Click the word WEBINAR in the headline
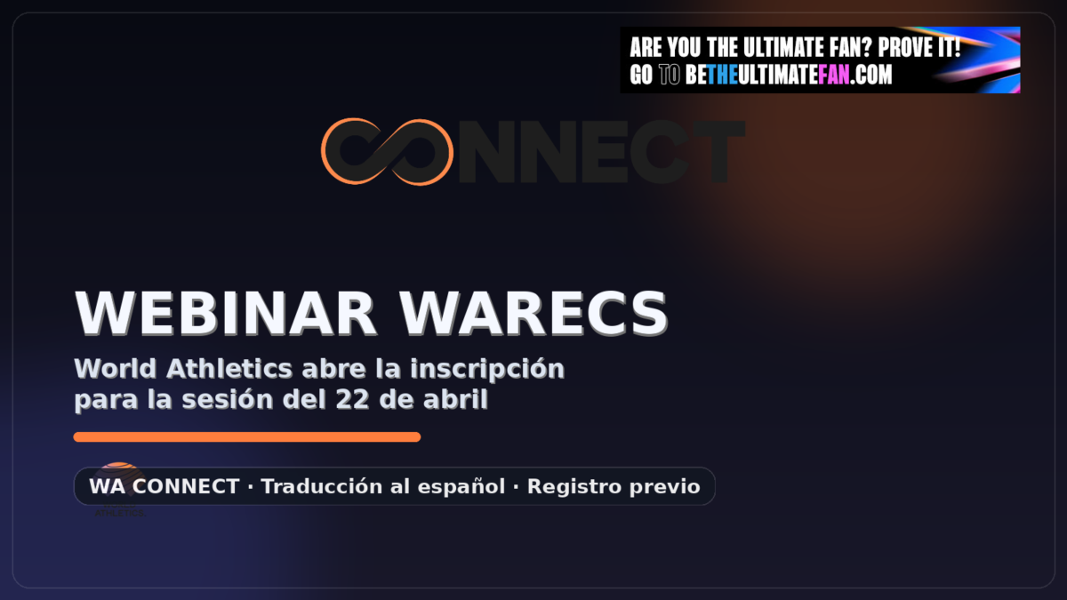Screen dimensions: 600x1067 (228, 312)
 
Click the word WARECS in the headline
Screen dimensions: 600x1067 (533, 312)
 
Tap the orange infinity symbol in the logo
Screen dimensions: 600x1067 (387, 152)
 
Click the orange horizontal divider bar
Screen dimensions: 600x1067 (246, 436)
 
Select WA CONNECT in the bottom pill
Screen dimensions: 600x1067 (164, 487)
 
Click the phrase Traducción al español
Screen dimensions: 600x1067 (383, 487)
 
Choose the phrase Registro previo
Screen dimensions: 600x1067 (614, 487)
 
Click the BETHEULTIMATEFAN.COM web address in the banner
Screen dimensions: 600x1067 (789, 76)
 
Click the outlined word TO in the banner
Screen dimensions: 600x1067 (670, 76)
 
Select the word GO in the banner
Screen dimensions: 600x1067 (641, 76)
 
